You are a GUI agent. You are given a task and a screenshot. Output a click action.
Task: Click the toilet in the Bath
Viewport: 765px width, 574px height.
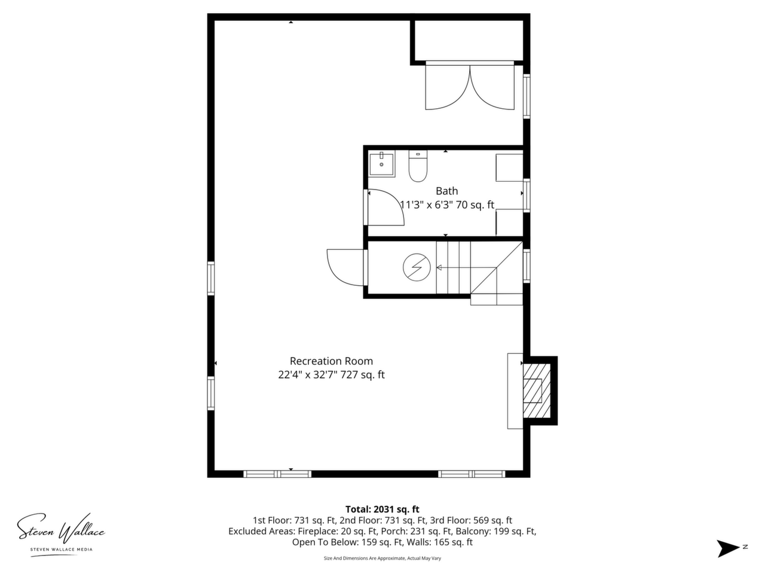click(x=418, y=166)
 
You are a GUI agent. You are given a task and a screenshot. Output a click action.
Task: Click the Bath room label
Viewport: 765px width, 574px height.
click(x=447, y=191)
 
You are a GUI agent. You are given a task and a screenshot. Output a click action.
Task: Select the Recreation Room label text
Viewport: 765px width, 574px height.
click(x=331, y=361)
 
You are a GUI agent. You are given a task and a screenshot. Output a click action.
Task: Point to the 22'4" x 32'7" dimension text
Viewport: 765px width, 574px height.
click(x=307, y=375)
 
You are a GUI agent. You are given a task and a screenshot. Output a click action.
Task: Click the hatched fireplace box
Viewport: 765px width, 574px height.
click(x=537, y=390)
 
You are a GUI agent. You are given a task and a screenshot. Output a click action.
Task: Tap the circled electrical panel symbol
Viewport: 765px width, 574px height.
click(x=417, y=267)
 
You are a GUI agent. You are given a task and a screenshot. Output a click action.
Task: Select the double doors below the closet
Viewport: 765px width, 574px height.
click(x=470, y=87)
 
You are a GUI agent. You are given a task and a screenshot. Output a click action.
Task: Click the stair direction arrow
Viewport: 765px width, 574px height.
click(x=466, y=268)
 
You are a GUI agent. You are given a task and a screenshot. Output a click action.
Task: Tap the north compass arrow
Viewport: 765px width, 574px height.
click(x=728, y=548)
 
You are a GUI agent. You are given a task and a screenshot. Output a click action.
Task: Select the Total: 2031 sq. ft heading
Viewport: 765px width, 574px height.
click(x=382, y=509)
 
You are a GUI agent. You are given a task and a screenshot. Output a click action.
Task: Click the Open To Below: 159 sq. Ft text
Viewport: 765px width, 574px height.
click(x=346, y=542)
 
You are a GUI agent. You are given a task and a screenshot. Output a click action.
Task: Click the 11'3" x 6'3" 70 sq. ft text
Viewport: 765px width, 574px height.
click(x=447, y=205)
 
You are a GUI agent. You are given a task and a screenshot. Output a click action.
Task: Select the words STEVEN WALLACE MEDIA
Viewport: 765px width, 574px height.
click(x=62, y=549)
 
